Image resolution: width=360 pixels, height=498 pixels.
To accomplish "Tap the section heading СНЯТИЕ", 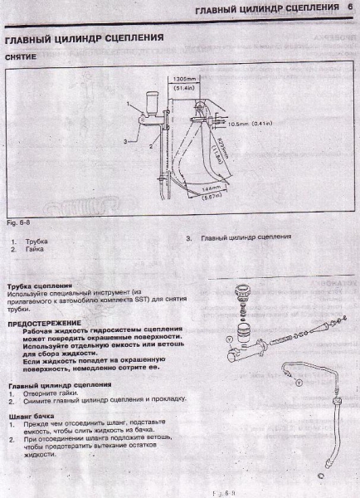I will (21, 57).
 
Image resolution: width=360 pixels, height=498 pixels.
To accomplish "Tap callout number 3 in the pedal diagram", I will (124, 142).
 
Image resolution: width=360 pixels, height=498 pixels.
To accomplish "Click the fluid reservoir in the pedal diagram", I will (152, 108).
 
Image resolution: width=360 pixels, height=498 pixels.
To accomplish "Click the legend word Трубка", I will (36, 241).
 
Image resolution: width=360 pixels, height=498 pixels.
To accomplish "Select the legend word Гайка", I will (35, 248).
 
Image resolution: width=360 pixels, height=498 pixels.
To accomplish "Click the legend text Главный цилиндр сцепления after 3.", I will (246, 237).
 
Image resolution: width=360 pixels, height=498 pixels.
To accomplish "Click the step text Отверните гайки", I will (50, 393).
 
